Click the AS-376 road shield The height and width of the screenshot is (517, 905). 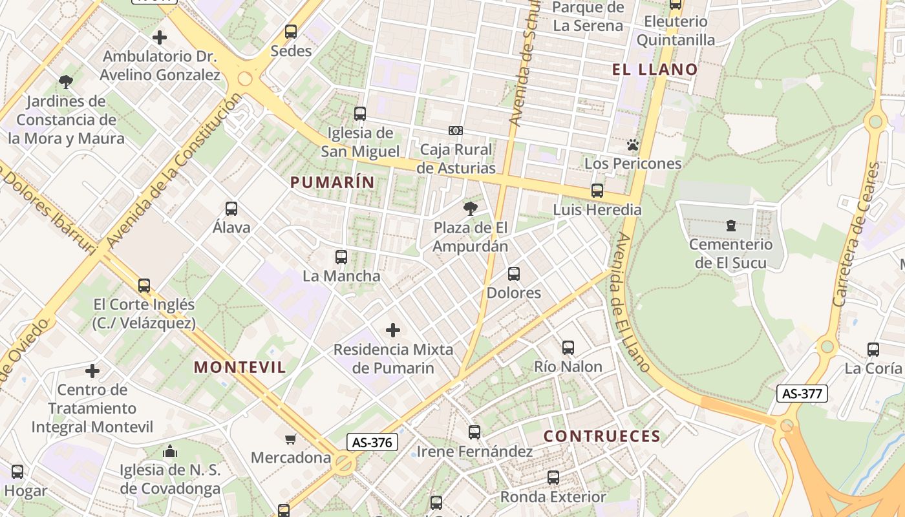click(372, 442)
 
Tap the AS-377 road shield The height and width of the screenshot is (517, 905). click(802, 393)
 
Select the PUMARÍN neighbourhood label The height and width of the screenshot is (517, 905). click(332, 182)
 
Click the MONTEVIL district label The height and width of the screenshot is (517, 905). click(240, 367)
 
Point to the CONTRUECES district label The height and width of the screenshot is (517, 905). click(602, 436)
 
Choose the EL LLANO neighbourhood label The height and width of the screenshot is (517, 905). click(655, 69)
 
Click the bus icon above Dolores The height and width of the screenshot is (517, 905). click(513, 274)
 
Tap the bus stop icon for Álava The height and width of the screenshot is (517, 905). click(231, 209)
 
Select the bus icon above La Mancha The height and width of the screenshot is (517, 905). click(341, 257)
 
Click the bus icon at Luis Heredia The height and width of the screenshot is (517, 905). click(597, 191)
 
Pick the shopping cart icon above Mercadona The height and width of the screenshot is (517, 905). click(291, 439)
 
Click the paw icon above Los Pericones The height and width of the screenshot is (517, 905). click(632, 145)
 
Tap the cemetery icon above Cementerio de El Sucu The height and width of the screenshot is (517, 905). click(730, 226)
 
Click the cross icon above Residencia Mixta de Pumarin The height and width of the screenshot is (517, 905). click(392, 330)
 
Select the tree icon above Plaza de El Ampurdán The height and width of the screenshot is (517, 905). click(470, 208)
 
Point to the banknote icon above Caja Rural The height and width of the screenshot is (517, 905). click(456, 131)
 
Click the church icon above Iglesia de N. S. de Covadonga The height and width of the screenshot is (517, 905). click(170, 451)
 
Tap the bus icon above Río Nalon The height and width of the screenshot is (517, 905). click(568, 348)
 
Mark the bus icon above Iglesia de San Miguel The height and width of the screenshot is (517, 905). click(360, 114)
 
